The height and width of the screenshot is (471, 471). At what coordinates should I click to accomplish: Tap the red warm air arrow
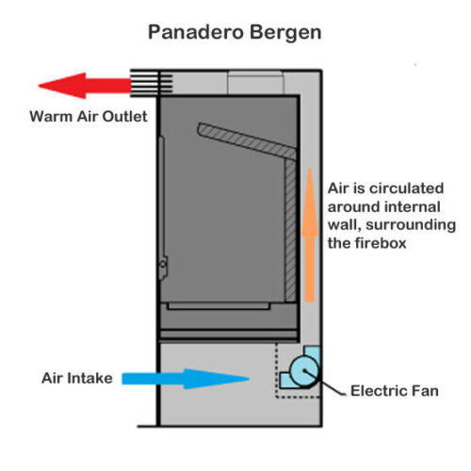click(x=85, y=86)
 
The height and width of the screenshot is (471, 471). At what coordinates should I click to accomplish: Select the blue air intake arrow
click(x=186, y=379)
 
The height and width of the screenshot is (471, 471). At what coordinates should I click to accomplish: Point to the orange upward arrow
click(x=310, y=235)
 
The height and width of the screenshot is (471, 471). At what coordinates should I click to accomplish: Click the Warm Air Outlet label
click(x=89, y=117)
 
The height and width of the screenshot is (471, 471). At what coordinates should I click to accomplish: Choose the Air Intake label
click(x=77, y=378)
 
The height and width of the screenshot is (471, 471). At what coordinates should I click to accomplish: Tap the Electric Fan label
click(x=395, y=391)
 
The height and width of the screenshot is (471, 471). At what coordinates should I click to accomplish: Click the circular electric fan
click(x=304, y=371)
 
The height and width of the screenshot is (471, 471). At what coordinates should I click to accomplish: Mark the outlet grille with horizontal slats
click(x=152, y=83)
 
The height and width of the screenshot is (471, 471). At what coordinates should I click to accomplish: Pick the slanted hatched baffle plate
click(x=247, y=141)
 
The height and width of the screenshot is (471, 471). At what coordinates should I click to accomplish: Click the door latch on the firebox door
click(x=163, y=268)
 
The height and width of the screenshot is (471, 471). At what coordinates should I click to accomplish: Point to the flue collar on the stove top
click(x=256, y=83)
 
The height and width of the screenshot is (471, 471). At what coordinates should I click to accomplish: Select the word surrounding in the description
click(x=411, y=225)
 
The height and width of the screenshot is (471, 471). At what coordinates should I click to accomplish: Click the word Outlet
click(x=125, y=117)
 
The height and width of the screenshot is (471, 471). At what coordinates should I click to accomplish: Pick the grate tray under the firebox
click(x=219, y=306)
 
